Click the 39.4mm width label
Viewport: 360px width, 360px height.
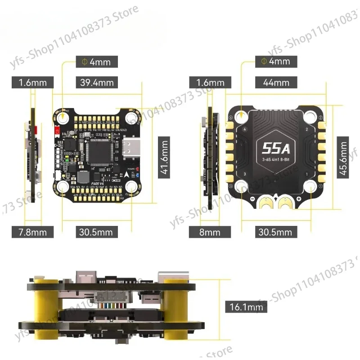[x=96, y=82]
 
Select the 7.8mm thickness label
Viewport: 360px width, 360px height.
[x=32, y=232]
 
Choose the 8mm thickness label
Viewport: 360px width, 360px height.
[x=211, y=232]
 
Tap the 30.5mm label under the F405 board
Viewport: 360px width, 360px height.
[x=96, y=232]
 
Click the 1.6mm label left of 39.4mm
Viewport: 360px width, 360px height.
[x=32, y=82]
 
